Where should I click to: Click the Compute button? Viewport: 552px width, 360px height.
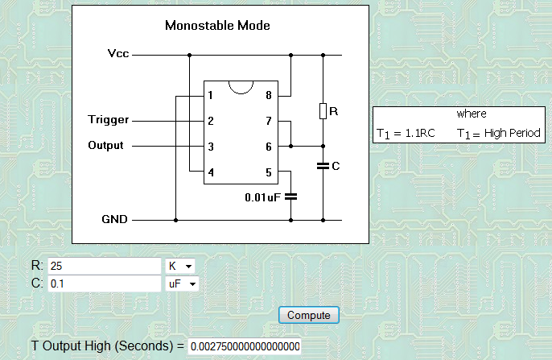310,314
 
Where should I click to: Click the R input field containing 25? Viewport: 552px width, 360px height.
105,266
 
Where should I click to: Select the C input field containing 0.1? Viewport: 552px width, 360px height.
105,283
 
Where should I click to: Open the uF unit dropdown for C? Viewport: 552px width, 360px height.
182,283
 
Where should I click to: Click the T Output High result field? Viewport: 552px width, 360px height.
245,346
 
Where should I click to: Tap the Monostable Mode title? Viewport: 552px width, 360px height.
217,25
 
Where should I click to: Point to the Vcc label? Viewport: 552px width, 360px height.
118,54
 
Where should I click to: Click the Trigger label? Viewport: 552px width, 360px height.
108,121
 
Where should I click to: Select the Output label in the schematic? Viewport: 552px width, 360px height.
105,146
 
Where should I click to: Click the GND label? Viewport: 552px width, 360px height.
114,218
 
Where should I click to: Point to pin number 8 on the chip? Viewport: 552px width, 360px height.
268,95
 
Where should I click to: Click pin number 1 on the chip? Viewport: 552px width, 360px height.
210,95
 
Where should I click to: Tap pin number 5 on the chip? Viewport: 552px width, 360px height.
268,172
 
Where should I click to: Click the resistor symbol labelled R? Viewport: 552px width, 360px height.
323,111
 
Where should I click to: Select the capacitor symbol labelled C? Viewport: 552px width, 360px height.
323,166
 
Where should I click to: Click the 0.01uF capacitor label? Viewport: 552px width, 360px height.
262,196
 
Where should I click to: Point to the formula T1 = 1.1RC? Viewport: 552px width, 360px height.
406,133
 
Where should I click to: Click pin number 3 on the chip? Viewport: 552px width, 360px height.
210,147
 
